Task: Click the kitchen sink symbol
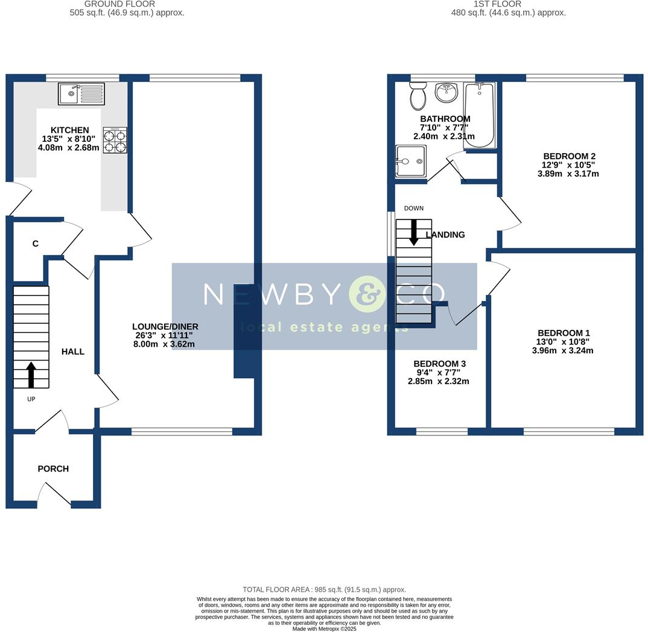tap(81, 94)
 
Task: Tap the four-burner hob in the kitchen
tap(115, 140)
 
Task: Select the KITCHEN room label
tap(70, 130)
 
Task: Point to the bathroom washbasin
tap(448, 93)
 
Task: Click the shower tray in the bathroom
tap(411, 161)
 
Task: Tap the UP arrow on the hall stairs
tap(30, 374)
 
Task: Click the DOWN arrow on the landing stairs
tap(414, 232)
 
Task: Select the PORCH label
tap(53, 469)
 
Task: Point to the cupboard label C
tap(36, 244)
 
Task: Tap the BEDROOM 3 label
tap(439, 364)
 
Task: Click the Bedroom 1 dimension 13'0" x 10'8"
tap(563, 342)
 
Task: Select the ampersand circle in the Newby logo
tap(367, 294)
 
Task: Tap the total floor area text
tap(324, 589)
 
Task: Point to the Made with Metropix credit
tap(325, 628)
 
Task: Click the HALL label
tap(73, 352)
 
